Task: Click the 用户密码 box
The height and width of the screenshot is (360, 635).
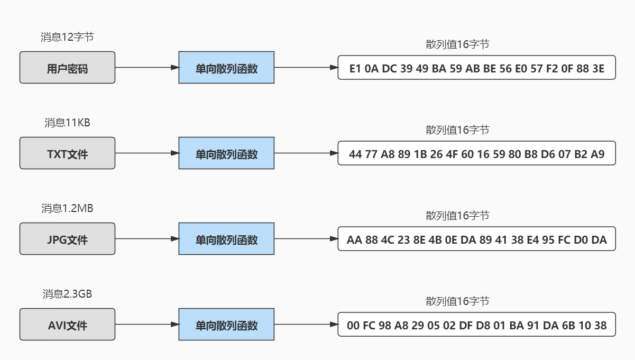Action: tap(67, 68)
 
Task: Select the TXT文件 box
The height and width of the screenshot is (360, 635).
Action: tap(67, 153)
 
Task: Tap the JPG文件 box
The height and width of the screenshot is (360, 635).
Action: tap(67, 239)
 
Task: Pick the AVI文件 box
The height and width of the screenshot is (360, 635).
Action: tap(67, 325)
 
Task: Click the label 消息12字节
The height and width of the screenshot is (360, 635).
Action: tap(67, 38)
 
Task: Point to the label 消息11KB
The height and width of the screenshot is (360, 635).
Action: tap(67, 123)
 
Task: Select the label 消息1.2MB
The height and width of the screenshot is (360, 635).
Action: tap(67, 209)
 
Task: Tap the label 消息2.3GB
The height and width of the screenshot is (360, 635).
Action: tap(67, 294)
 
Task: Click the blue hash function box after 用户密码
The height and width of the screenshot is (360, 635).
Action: tap(226, 68)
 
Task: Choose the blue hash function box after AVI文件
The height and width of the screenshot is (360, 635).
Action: tap(226, 325)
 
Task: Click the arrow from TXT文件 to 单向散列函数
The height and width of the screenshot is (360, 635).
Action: tap(147, 153)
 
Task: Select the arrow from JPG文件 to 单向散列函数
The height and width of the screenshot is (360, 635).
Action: tap(147, 239)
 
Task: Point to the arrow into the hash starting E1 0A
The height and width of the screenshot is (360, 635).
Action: tap(306, 68)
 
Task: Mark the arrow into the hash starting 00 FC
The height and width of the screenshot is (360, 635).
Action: tap(306, 325)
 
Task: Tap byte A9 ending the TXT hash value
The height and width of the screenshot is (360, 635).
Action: tap(597, 154)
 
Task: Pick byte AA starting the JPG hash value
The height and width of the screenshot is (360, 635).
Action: tap(354, 239)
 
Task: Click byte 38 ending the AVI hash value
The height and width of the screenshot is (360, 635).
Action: tap(600, 325)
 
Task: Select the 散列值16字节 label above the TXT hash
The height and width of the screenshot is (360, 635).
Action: tap(457, 130)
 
